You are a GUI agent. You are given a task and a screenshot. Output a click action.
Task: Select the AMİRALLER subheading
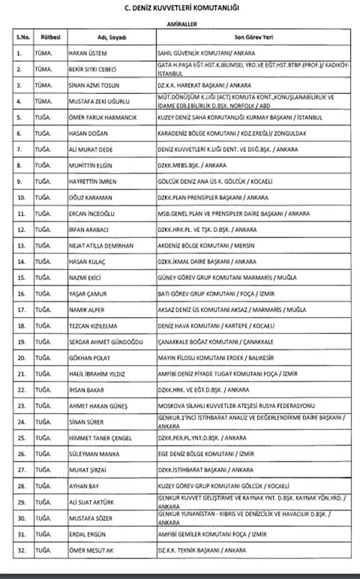pos(181,26)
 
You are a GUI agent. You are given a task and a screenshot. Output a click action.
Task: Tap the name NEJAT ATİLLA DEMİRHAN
pos(101,246)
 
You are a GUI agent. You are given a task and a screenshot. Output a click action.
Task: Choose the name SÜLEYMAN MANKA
pos(92,453)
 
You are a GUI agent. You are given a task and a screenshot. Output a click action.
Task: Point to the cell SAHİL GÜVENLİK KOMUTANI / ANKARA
pos(201,54)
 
